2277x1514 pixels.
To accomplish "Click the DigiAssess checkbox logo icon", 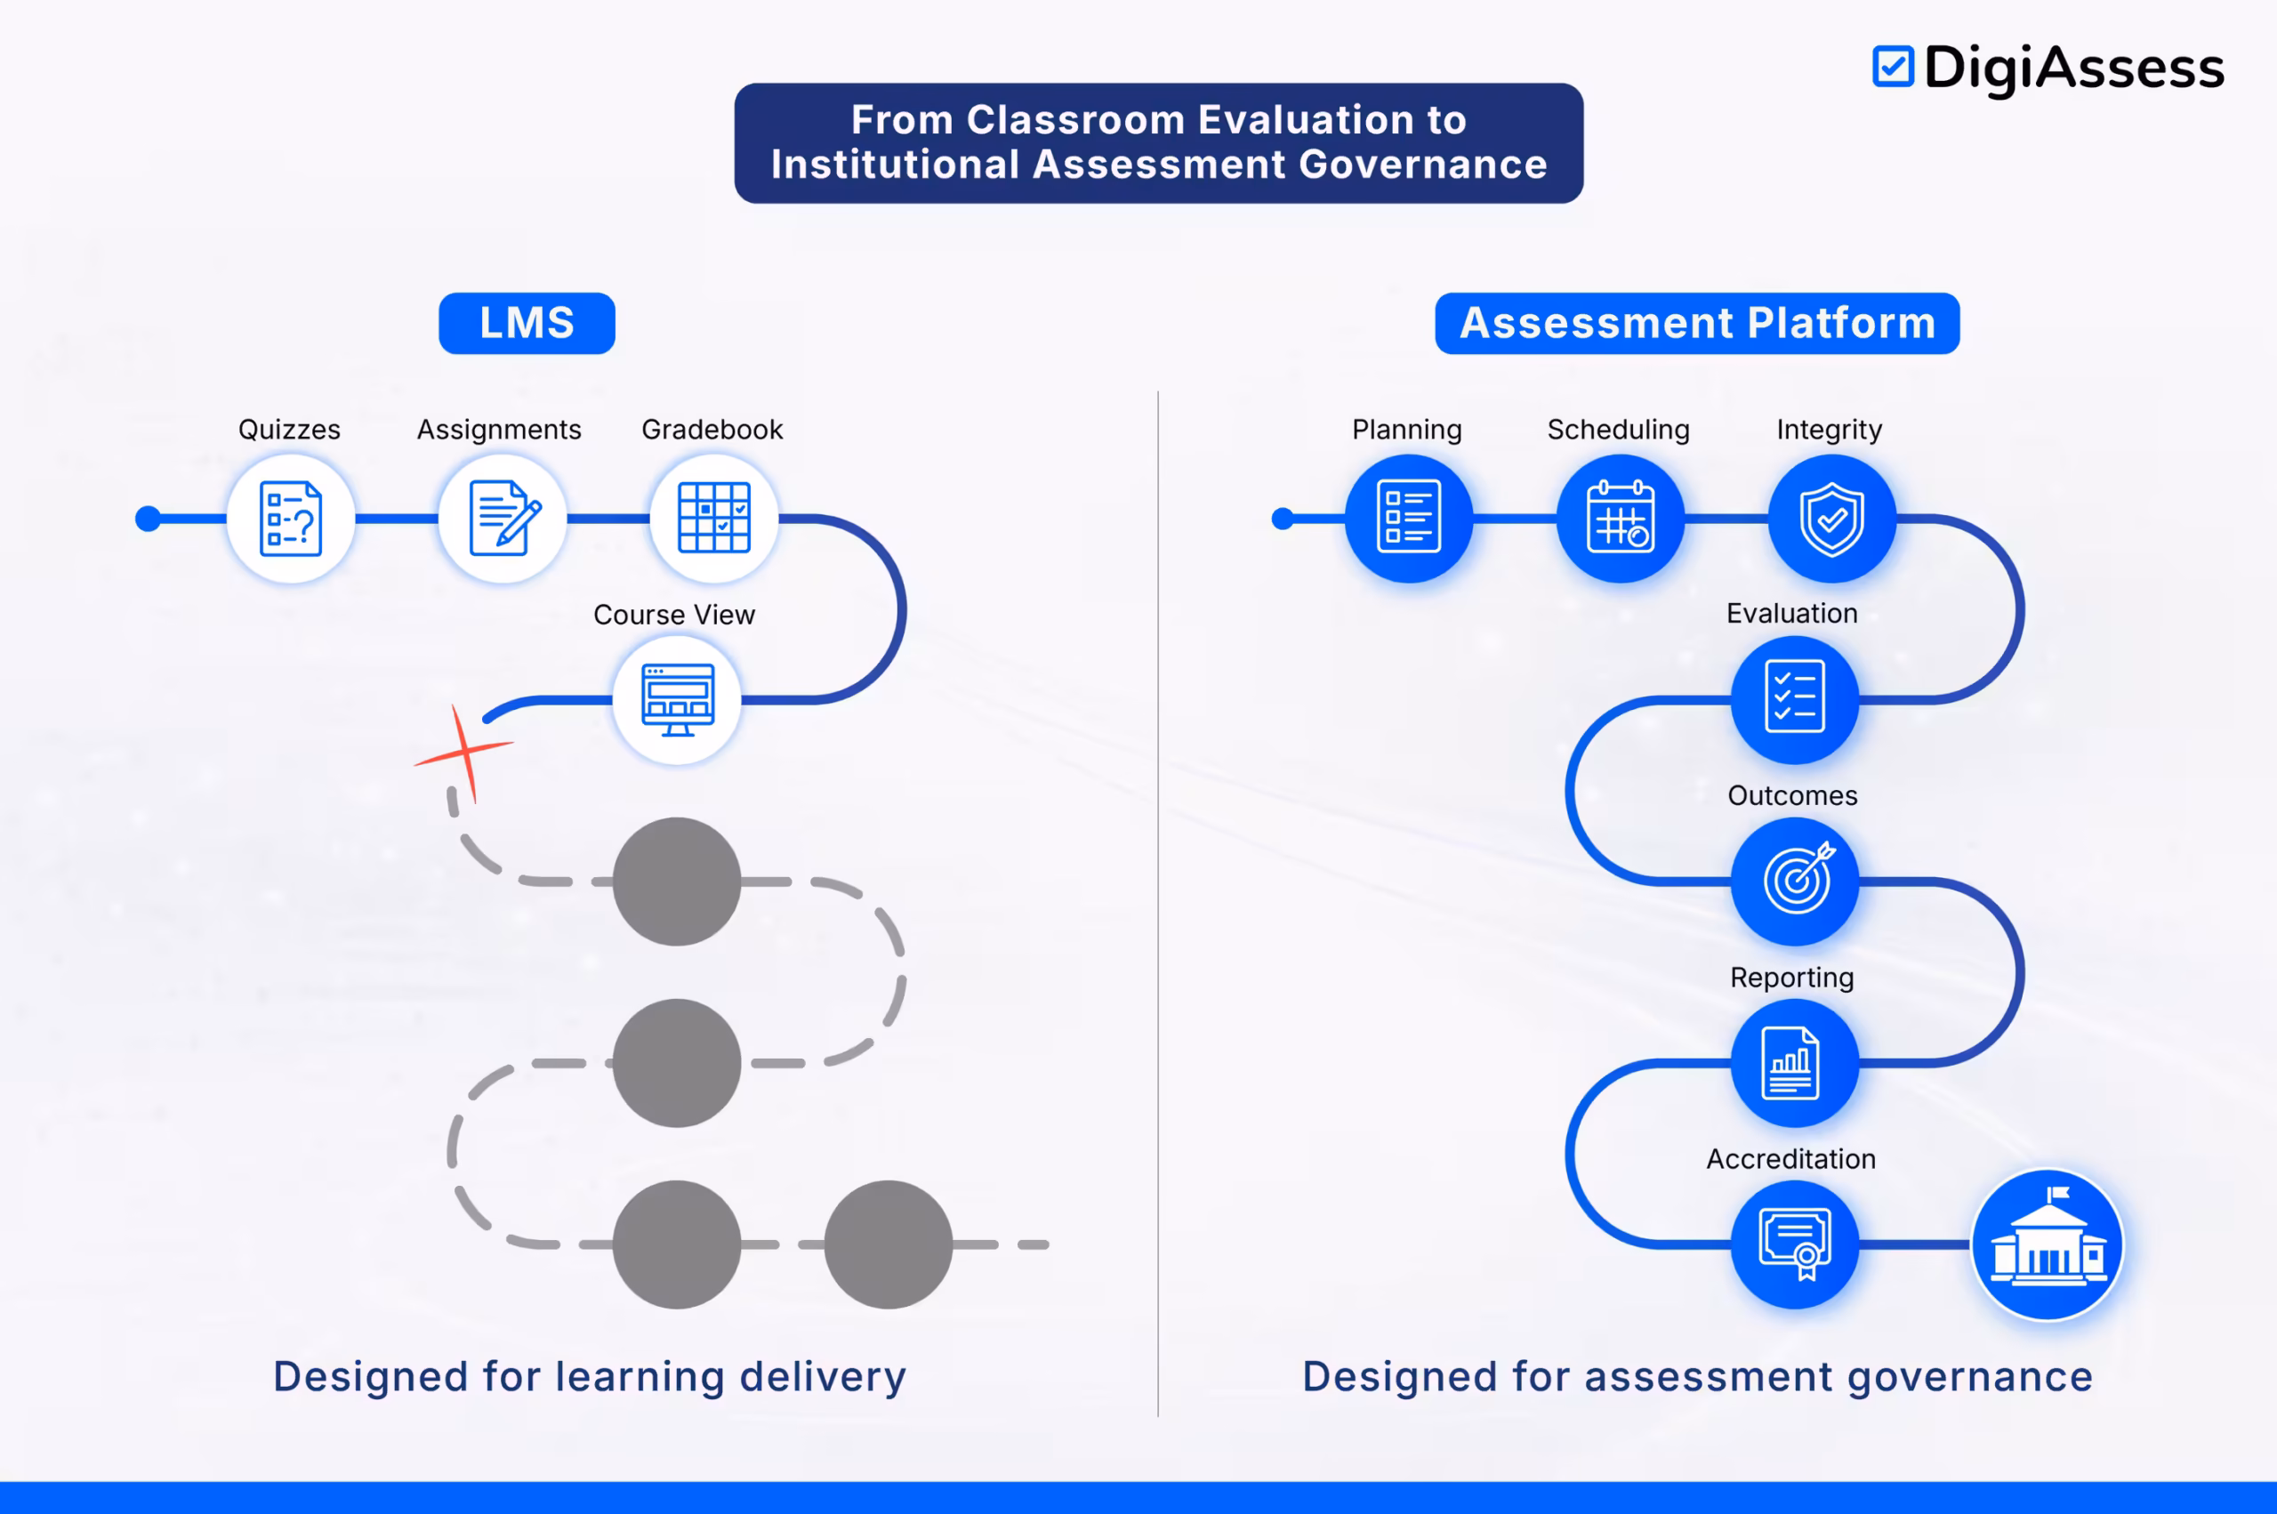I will [1892, 67].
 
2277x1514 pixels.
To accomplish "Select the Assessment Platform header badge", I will [1697, 324].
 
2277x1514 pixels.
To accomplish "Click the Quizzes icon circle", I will [291, 519].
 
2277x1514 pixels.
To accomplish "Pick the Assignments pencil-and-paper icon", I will [503, 519].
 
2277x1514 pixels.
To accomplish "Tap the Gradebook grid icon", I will [714, 519].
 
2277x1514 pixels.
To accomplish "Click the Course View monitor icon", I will [678, 700].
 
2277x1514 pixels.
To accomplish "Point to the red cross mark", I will [465, 753].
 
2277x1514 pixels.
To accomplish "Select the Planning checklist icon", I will [1408, 519].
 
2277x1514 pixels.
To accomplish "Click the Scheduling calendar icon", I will [1620, 519].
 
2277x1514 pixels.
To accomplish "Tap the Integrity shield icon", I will [1832, 519].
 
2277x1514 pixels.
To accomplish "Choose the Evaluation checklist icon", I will [1794, 700].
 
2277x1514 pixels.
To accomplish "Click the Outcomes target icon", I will [1794, 881].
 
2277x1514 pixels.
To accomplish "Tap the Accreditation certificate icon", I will [1794, 1244].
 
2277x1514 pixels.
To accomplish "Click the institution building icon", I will [2048, 1244].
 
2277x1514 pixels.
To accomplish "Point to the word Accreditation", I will [1790, 1159].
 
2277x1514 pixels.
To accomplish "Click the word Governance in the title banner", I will [1423, 165].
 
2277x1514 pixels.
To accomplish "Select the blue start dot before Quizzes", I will [148, 519].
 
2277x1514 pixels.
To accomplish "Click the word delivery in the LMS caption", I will [823, 1377].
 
